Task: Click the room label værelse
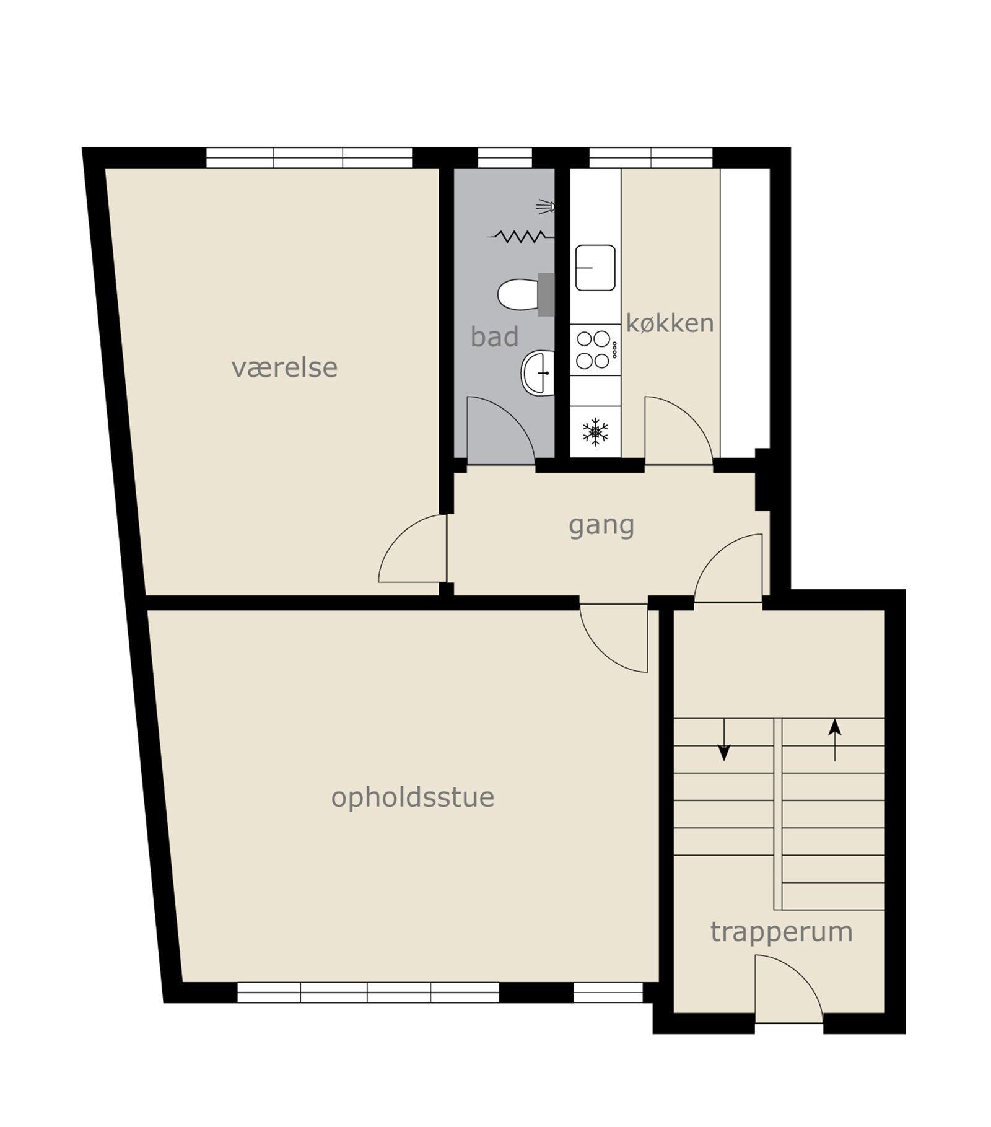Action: [284, 367]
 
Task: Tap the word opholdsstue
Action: [413, 798]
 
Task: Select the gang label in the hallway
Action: [601, 526]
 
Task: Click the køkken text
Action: [670, 323]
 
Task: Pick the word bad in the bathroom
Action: [494, 336]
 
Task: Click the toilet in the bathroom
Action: [526, 294]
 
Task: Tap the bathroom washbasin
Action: [538, 373]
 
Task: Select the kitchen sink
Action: [595, 268]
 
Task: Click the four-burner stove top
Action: [595, 350]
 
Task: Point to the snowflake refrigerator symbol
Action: [595, 432]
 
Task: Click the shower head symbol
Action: [545, 206]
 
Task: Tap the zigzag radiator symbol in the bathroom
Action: [521, 236]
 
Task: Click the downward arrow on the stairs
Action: [723, 740]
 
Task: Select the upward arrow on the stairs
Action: [835, 740]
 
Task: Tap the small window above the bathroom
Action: [505, 157]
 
